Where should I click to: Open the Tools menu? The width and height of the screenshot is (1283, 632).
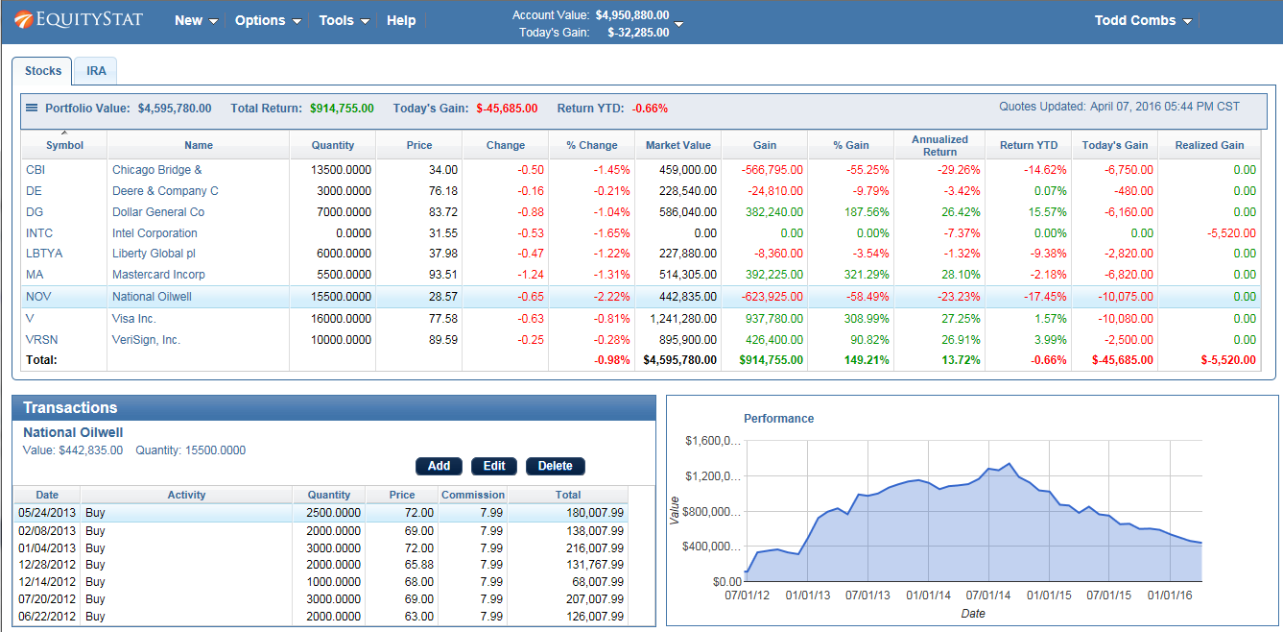coord(344,20)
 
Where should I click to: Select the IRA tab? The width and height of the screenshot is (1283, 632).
coord(96,71)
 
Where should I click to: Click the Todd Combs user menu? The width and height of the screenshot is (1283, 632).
coord(1142,20)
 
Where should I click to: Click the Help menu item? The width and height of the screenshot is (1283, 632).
coord(401,20)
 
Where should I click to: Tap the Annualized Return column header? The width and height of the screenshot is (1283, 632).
coord(939,145)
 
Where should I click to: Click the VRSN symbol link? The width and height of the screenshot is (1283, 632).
coord(42,340)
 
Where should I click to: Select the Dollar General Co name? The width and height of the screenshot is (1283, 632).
coord(158,212)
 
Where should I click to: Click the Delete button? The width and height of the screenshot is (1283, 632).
coord(555,466)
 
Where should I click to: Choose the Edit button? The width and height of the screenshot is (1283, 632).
coord(493,466)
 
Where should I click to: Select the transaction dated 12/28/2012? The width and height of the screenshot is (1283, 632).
coord(47,565)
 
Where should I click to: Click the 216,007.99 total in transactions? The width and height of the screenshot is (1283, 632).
coord(595,547)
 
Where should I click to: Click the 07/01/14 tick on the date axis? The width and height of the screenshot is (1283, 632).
coord(988,596)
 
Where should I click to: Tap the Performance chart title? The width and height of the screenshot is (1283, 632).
coord(778,419)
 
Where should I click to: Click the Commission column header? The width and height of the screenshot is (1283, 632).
coord(472,495)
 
